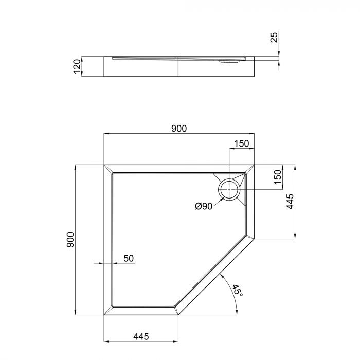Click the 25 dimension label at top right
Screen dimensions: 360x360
click(274, 37)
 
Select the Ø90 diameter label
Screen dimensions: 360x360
click(204, 206)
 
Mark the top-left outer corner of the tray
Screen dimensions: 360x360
click(104, 165)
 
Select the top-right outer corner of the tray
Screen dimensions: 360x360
click(255, 165)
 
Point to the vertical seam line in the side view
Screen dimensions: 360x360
click(178, 67)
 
